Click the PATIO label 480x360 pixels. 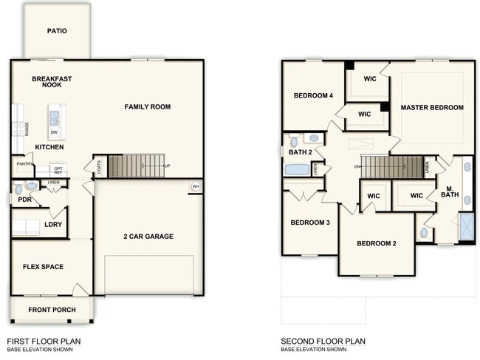57,31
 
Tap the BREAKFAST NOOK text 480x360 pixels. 51,81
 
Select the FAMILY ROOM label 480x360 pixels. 147,106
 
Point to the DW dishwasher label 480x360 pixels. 54,132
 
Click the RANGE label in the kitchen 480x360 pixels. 27,129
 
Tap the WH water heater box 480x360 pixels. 196,186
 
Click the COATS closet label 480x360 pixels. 99,167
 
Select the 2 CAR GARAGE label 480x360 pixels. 148,237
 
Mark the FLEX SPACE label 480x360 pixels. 43,267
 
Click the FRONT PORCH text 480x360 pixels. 52,309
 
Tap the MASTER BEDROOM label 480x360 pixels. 432,107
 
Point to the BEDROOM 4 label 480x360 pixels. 313,95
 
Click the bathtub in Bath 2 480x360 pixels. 297,169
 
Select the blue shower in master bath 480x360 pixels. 466,226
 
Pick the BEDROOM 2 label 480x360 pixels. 377,243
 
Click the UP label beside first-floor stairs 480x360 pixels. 167,166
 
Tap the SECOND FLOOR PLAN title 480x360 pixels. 323,341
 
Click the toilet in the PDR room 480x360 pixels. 20,189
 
